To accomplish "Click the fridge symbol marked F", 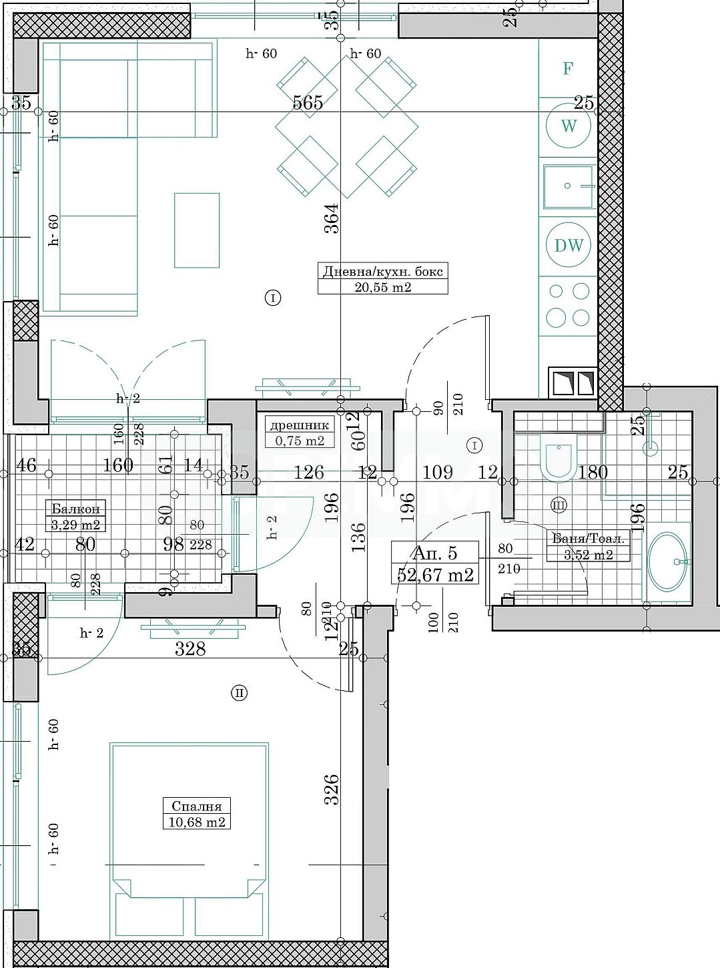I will click(x=568, y=68).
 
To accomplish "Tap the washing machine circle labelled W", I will click(x=569, y=126).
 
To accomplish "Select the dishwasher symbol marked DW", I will click(x=569, y=245).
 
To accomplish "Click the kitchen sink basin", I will click(x=568, y=186).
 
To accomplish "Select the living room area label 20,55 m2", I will click(x=382, y=287).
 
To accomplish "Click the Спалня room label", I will click(x=196, y=806).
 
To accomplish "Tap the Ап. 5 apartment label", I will click(x=434, y=553).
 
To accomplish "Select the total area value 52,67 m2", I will click(x=435, y=573).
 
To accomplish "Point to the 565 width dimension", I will click(x=308, y=102).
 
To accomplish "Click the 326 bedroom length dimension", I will click(x=332, y=789).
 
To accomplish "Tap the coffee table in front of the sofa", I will click(x=197, y=230).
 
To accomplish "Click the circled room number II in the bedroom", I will click(x=239, y=693).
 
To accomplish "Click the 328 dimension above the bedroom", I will click(x=190, y=648).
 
